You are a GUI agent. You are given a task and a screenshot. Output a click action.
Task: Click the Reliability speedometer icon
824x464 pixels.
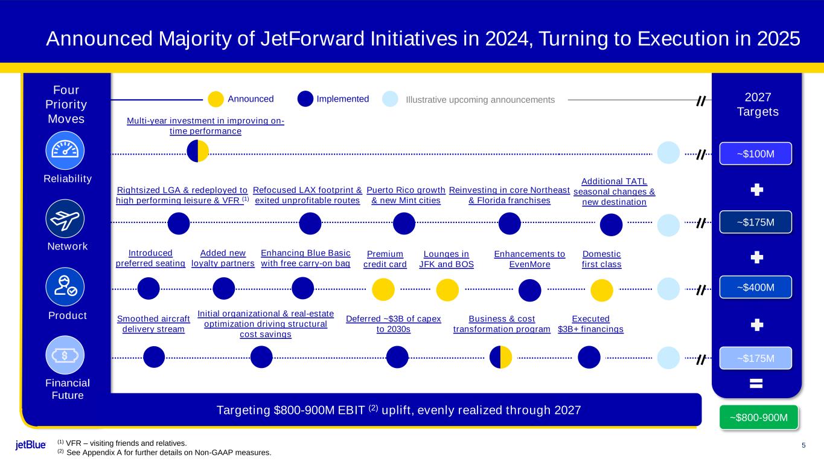click(65, 150)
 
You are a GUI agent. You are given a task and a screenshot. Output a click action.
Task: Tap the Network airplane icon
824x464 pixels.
click(65, 219)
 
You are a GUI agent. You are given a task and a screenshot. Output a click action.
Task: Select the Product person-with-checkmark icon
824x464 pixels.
click(65, 287)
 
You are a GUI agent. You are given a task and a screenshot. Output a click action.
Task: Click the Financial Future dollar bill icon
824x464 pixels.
click(65, 355)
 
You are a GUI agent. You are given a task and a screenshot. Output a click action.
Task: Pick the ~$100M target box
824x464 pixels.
click(755, 154)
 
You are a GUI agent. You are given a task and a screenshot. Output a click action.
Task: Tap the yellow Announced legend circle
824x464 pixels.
click(216, 99)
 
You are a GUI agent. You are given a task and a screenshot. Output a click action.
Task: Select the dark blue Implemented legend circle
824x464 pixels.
click(305, 99)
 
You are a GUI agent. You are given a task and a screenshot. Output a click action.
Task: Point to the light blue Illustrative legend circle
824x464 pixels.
click(391, 99)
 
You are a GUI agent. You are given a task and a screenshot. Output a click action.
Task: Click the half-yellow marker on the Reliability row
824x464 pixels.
click(198, 151)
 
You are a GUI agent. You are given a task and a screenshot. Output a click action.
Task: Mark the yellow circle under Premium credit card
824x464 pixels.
click(383, 289)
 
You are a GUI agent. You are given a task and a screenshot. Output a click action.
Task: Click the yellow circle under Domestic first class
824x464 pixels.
click(602, 289)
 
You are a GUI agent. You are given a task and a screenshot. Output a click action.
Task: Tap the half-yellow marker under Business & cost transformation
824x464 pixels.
click(501, 357)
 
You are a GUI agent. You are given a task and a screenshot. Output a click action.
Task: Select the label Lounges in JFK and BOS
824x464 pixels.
click(447, 259)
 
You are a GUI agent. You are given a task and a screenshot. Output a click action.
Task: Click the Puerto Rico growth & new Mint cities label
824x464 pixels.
click(406, 195)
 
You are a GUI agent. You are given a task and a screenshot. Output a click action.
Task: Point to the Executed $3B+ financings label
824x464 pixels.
click(590, 324)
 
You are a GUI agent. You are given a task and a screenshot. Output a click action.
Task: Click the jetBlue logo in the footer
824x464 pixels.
click(31, 445)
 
